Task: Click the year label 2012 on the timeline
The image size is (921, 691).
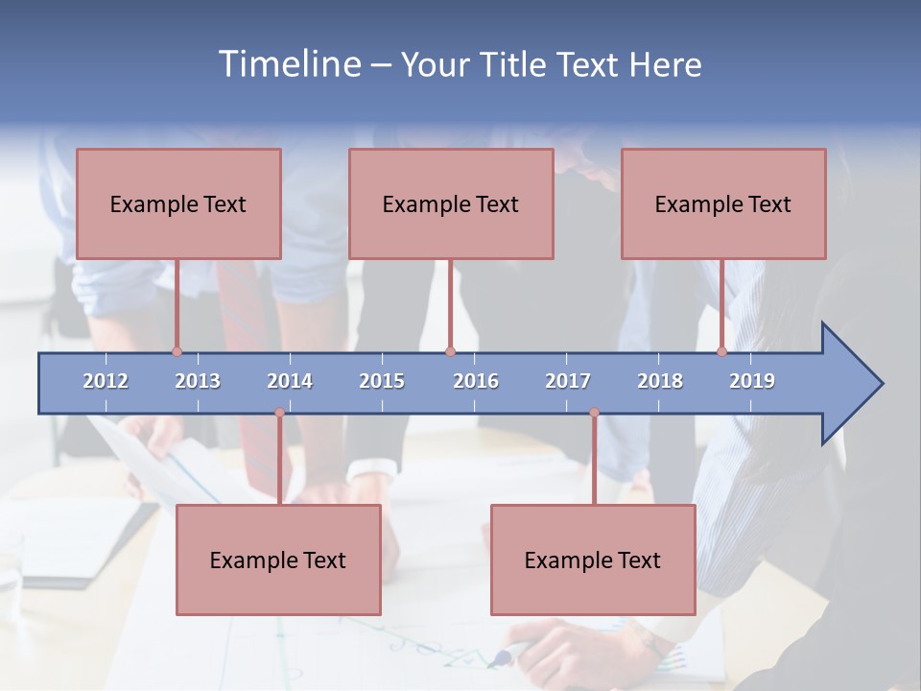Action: point(106,381)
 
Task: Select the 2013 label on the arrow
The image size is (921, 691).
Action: point(198,381)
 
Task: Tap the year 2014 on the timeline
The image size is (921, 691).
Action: point(290,381)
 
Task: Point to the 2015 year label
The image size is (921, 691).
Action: point(382,381)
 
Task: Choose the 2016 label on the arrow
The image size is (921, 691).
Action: point(476,381)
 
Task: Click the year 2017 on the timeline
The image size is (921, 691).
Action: point(568,381)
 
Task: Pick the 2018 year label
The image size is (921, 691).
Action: point(660,381)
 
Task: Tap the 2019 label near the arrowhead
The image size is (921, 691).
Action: point(752,381)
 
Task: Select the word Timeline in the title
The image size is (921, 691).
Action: point(288,64)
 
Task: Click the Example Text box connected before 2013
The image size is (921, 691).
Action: point(178,203)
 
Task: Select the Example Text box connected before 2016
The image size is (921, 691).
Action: point(451,203)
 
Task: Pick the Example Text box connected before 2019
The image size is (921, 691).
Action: point(723,203)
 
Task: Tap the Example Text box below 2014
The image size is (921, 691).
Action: point(278,560)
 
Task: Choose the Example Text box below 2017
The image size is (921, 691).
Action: point(593,560)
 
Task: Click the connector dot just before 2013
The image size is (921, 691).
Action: point(177,351)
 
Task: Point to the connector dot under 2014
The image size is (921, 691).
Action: point(279,413)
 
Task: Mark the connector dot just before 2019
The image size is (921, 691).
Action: point(721,351)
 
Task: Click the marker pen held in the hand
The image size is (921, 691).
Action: point(503,657)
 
